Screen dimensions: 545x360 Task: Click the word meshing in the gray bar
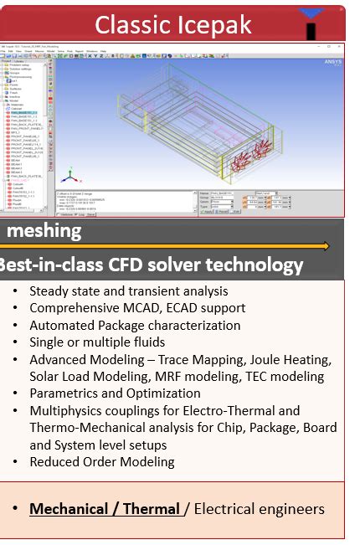[45, 230]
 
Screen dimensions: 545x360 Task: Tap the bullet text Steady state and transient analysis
[128, 291]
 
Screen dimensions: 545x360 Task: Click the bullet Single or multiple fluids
[97, 342]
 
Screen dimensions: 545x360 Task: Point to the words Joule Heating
[294, 360]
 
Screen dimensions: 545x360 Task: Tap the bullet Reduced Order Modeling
[102, 462]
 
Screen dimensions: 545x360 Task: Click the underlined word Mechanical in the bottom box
[69, 509]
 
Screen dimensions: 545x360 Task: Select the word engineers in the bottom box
[291, 509]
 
